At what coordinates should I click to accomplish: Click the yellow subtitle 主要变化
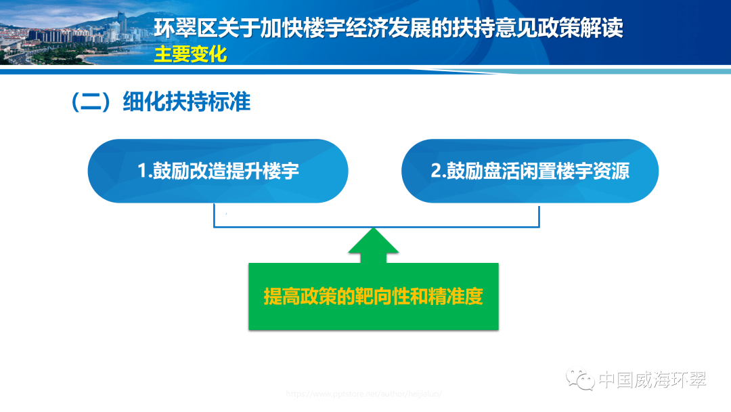(x=190, y=54)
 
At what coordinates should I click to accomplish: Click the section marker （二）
(x=91, y=102)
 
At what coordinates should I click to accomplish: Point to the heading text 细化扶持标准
(x=187, y=102)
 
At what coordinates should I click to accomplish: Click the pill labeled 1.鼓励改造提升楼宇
(x=218, y=171)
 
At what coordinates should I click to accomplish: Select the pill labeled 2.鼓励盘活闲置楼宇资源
(x=530, y=171)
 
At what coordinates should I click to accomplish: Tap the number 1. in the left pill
(x=145, y=171)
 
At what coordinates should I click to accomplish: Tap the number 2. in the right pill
(x=438, y=171)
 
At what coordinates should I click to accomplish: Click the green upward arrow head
(x=373, y=244)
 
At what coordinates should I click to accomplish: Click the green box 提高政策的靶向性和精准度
(x=373, y=297)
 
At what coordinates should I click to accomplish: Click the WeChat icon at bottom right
(x=581, y=379)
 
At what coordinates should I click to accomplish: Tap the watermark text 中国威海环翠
(x=653, y=379)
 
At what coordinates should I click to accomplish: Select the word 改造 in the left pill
(x=209, y=171)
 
